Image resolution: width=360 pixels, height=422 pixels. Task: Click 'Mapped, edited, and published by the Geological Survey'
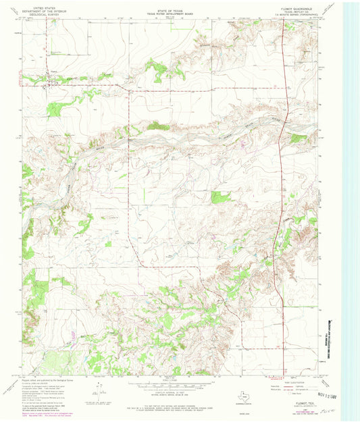(x=47, y=378)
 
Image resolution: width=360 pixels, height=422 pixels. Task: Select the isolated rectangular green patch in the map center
(x=220, y=197)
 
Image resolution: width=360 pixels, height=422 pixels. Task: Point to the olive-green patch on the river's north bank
(x=157, y=126)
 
